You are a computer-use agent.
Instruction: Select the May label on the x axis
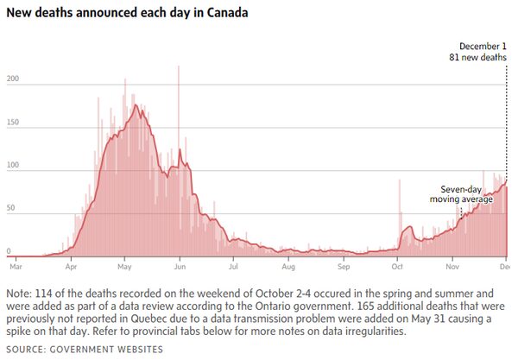(124, 267)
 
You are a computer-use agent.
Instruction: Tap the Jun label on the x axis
(179, 267)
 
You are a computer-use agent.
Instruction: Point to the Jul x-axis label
(233, 267)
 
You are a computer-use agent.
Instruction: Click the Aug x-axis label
(287, 267)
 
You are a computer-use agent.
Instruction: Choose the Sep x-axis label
(343, 267)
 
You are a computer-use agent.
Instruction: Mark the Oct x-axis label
(397, 267)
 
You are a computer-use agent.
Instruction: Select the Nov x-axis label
(452, 267)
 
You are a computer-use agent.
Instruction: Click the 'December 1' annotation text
(482, 45)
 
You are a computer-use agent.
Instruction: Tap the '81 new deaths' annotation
(477, 57)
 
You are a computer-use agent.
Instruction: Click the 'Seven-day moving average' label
(461, 193)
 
